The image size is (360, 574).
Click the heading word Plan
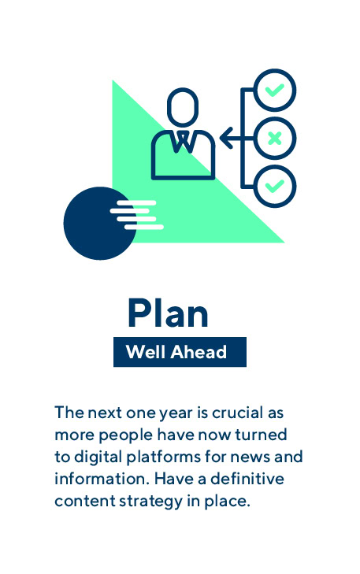[168, 313]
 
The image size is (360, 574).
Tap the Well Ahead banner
[180, 352]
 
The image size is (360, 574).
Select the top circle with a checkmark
[275, 90]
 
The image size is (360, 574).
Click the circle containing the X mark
[275, 139]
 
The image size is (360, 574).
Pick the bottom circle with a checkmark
[275, 187]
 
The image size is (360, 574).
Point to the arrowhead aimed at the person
[227, 139]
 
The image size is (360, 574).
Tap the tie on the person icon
[183, 142]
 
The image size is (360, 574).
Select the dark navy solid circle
[99, 224]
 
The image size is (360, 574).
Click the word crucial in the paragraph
[238, 413]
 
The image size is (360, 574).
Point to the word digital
[98, 457]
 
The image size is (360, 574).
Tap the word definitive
[247, 479]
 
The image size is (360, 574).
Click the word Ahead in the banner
[199, 352]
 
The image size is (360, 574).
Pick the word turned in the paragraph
[261, 435]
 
